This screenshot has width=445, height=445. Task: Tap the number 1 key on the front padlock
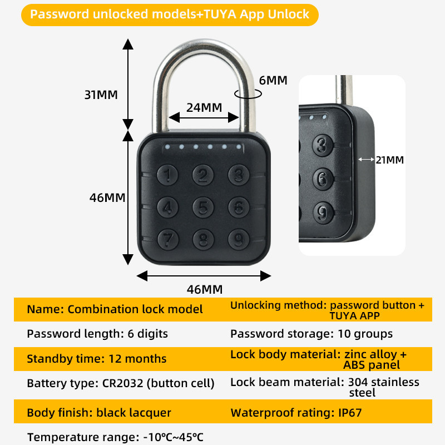point(167,175)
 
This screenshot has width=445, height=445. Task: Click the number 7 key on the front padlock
point(168,239)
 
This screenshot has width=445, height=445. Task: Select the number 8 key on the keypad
point(203,239)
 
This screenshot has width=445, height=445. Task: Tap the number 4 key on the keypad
point(168,207)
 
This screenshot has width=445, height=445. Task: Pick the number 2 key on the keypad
point(203,175)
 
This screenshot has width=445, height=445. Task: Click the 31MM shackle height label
point(101,95)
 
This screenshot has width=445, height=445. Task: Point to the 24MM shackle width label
point(204,107)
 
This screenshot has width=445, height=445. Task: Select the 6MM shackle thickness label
point(273,80)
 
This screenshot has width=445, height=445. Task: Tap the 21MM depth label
point(390,160)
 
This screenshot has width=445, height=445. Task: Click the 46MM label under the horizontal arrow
point(205,289)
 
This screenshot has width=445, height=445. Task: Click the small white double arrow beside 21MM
point(366,160)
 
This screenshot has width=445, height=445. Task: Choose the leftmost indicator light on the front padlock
point(167,147)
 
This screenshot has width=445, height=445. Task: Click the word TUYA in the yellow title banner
point(220,14)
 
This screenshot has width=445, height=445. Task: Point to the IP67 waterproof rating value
point(350,413)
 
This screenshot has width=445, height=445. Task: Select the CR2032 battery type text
point(122,383)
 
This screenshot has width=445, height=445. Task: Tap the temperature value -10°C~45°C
point(173,437)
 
